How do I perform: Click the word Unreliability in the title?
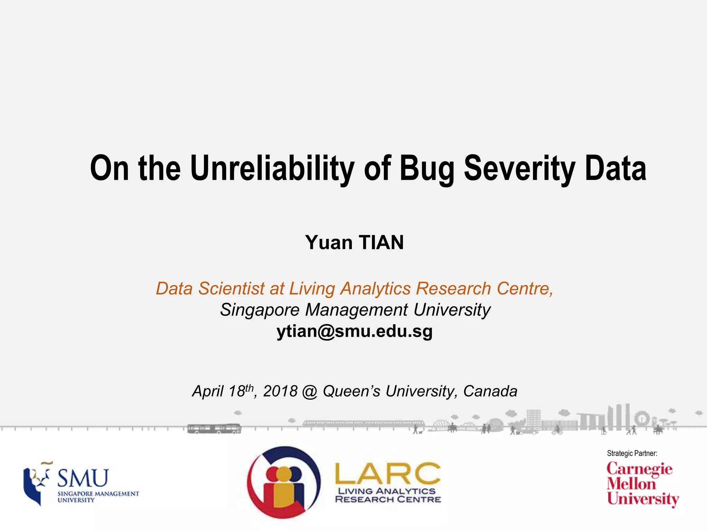tap(272, 168)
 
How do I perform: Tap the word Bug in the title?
tap(427, 168)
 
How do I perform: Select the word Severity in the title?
tap(519, 168)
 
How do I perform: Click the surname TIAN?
tap(381, 242)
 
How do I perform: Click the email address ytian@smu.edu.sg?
tap(354, 331)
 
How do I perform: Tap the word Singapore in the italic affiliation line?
tap(260, 310)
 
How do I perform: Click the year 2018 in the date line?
tap(280, 391)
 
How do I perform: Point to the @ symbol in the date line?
tap(310, 392)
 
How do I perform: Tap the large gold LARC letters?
tap(387, 474)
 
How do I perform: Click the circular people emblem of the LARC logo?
tap(284, 483)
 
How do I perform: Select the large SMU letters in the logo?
tap(83, 478)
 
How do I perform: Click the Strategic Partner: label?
tap(632, 453)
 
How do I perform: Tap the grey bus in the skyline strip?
tap(214, 429)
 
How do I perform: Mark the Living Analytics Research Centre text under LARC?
tap(387, 495)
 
